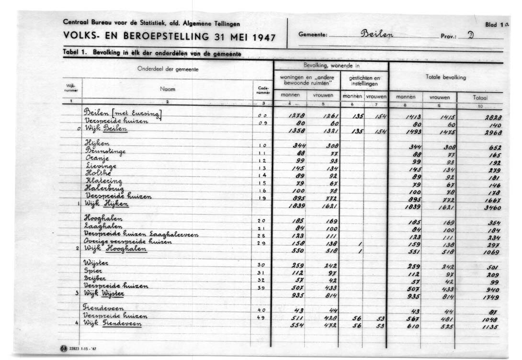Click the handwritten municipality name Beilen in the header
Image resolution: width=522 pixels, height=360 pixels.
point(377,34)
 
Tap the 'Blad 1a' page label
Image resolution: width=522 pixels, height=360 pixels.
point(497,24)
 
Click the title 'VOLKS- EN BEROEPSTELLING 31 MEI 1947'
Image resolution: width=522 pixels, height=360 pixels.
point(169,36)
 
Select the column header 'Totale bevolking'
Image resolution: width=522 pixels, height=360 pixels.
point(445,77)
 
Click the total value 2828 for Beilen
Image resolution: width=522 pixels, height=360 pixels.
point(492,117)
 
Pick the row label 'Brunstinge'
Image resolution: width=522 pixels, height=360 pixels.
point(105,151)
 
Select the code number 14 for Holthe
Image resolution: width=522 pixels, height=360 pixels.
point(262,175)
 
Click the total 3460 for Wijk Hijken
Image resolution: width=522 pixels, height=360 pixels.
point(492,208)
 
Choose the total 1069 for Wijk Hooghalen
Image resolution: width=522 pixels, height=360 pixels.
point(492,252)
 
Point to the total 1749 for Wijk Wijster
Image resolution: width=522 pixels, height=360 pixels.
point(492,297)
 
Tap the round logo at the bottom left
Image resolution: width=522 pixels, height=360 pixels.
point(64,348)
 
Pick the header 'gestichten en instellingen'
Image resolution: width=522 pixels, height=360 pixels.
point(364,80)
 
